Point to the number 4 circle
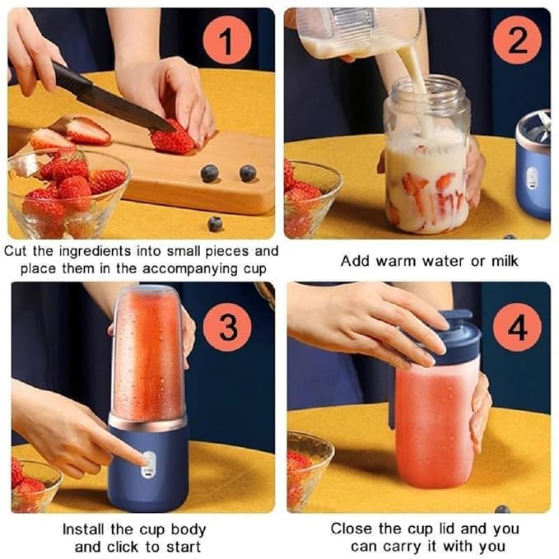point(517,327)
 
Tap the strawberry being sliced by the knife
point(173,138)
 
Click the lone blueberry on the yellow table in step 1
point(215,223)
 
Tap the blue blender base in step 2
point(533,169)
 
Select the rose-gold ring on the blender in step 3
point(148,422)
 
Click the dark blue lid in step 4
point(453,340)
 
